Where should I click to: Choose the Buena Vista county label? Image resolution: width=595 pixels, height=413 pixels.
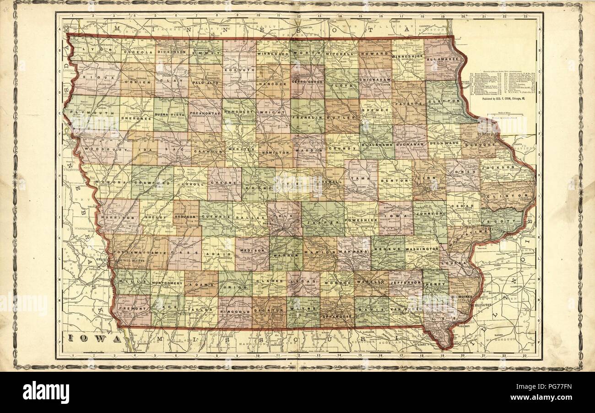170,112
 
